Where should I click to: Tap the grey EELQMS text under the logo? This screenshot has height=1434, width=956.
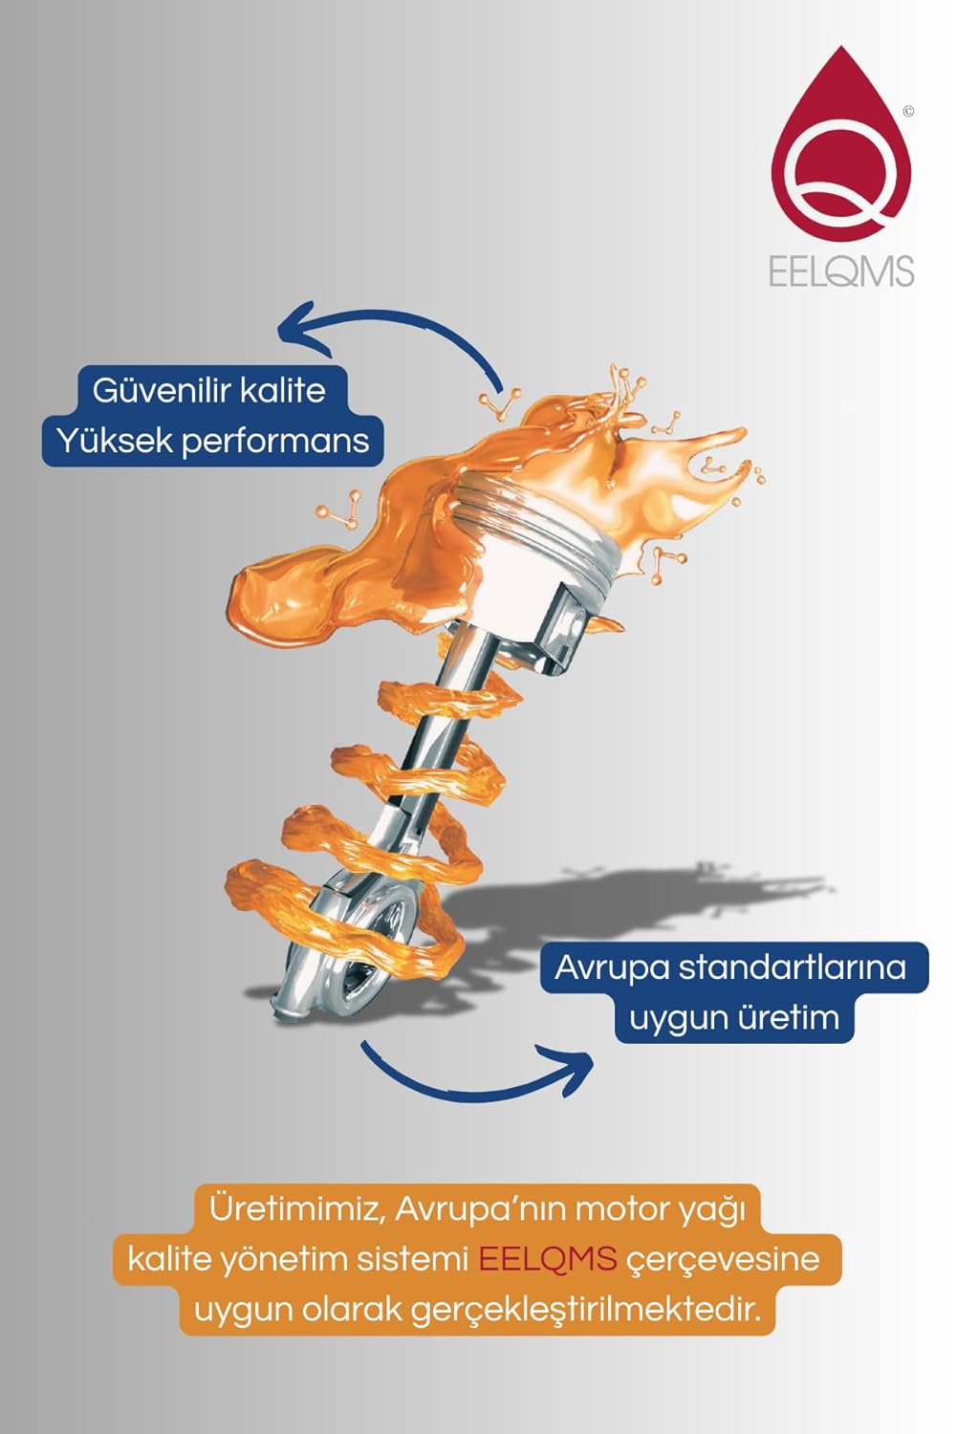840,272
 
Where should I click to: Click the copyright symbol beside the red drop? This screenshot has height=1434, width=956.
908,112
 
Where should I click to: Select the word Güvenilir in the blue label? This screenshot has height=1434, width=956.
161,390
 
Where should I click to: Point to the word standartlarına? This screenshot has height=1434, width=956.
793,967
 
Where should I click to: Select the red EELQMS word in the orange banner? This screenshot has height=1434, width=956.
548,1259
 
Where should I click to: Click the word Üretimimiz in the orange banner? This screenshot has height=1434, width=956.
297,1209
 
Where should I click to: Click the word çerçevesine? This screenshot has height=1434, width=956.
723,1261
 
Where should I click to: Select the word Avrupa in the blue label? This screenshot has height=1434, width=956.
612,967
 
